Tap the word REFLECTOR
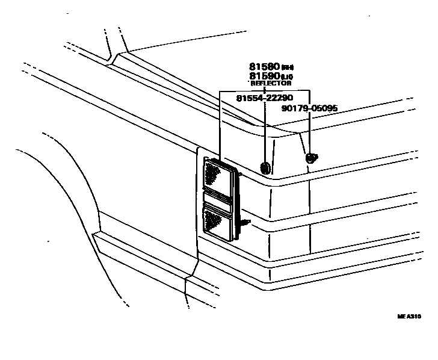271,84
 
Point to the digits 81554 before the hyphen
250,98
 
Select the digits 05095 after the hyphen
325,108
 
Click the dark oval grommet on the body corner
265,167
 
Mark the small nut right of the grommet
311,158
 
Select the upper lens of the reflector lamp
218,175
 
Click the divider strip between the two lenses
217,198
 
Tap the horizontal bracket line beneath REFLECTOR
265,91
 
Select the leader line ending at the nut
309,129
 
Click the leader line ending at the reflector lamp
221,126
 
